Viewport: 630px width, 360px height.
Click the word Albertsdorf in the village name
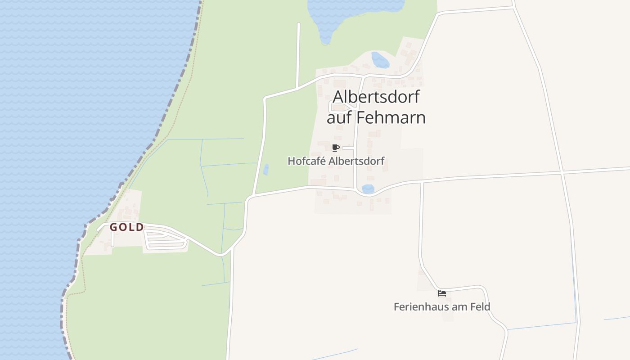coord(376,97)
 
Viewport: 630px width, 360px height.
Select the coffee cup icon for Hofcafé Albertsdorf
coord(335,148)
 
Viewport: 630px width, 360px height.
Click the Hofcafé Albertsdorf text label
coord(336,161)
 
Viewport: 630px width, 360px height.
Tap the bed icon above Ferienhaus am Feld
coord(442,293)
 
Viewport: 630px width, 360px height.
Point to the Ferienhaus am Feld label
coord(442,307)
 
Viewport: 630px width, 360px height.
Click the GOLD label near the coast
coord(127,227)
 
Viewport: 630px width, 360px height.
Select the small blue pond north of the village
coord(380,60)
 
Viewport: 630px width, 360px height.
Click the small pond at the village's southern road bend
coord(368,189)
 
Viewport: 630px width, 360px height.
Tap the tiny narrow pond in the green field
coord(266,170)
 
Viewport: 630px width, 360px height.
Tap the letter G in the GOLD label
coord(114,227)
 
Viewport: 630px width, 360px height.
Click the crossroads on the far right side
coord(562,172)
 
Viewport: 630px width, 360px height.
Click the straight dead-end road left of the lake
coord(298,54)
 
